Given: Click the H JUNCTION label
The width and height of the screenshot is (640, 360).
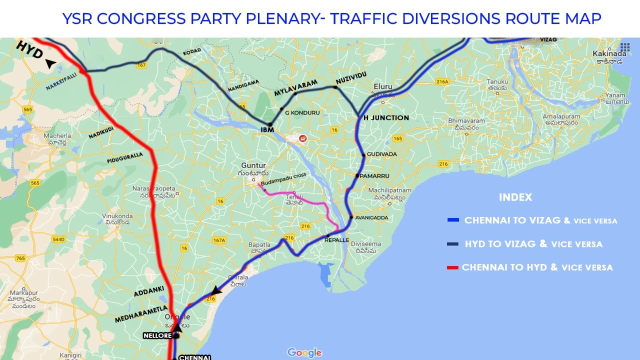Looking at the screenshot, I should (x=386, y=118).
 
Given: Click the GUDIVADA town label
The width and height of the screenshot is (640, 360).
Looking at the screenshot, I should (x=381, y=154).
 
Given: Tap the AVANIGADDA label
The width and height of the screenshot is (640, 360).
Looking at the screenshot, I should (x=371, y=217).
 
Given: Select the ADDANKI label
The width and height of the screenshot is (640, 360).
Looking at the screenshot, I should (x=148, y=292).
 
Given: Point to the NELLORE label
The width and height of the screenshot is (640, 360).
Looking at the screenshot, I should (x=157, y=335).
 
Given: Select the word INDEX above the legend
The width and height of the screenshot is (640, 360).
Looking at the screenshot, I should (x=515, y=197).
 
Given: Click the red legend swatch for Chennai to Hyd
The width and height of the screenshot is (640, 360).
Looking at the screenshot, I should (x=453, y=268).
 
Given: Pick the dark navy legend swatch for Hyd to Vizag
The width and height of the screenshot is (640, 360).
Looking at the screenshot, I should (x=453, y=244).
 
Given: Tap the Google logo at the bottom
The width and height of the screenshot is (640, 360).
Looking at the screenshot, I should (x=304, y=353).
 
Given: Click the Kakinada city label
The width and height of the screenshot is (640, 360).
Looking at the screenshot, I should (x=609, y=53).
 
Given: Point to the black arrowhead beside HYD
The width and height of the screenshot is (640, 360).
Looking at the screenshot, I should (x=50, y=63).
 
